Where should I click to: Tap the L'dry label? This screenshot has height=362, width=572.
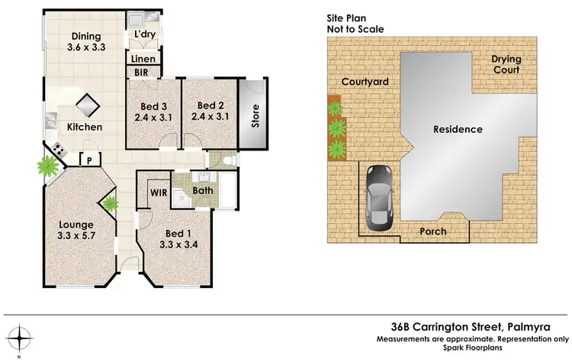tap(144, 35)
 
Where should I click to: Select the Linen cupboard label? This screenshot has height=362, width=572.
tap(143, 59)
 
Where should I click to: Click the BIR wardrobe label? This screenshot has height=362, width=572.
tap(141, 73)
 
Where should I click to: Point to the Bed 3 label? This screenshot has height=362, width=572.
tap(153, 112)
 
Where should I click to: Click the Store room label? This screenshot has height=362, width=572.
tap(256, 115)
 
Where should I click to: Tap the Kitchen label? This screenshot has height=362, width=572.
tap(84, 127)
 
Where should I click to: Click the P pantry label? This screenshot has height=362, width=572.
tap(90, 160)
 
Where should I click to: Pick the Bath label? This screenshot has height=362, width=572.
tap(202, 190)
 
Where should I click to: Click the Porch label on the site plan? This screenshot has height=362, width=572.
tap(432, 231)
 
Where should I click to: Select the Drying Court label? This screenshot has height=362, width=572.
tap(505, 64)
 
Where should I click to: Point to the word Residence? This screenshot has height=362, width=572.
tap(458, 129)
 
